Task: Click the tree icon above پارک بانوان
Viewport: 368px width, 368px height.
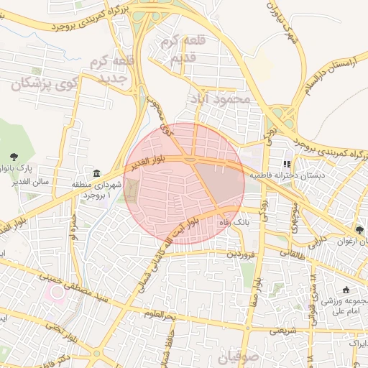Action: click(x=14, y=157)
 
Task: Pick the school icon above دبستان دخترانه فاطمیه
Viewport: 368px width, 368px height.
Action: click(x=287, y=164)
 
